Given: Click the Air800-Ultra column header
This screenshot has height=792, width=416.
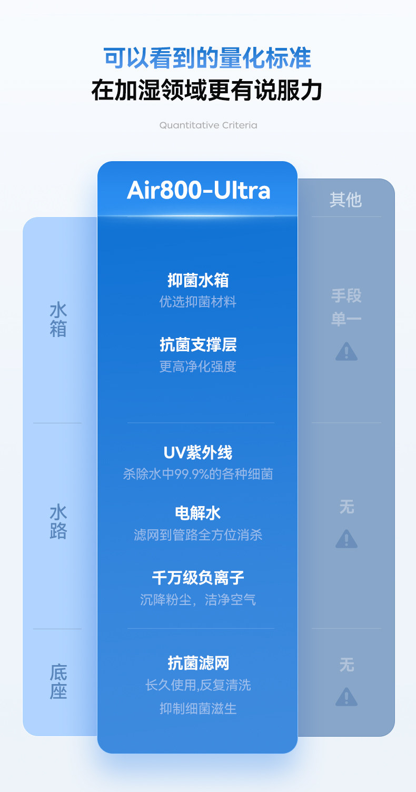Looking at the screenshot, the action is pos(198,190).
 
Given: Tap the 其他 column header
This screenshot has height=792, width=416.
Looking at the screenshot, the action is pos(345,200).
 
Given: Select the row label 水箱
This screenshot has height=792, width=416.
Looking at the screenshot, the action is pos(58,320).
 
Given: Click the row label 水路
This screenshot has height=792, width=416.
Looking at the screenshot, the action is pos(58,522).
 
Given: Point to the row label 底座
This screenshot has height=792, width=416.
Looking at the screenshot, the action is pos(58,681).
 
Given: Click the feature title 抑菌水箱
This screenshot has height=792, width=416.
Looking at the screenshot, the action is pos(198,280).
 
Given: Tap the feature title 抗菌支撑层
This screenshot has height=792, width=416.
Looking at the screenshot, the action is pos(198,345).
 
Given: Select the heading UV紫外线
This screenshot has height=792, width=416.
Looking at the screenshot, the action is pos(198,452).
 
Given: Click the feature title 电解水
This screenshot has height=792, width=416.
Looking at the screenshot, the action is pos(198,513).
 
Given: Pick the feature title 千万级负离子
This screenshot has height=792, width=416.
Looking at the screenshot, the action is pos(198,578).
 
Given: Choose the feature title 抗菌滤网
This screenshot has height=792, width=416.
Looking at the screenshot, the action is pos(198,663).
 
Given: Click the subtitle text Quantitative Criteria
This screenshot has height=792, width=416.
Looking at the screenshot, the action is pos(208,125).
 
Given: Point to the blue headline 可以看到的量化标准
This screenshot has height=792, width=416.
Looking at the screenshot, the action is pos(208,58).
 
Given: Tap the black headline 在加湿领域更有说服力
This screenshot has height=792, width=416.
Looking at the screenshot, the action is pos(208,91).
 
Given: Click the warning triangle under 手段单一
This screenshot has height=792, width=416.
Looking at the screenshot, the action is pos(346,351).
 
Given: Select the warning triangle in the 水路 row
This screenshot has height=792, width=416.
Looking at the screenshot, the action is pos(346,539).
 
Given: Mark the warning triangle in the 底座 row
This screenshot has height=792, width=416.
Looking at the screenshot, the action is pos(346,697).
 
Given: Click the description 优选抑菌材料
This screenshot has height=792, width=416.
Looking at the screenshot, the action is pos(198,302).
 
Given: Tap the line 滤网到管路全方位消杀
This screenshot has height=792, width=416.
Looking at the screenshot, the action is pos(198,535).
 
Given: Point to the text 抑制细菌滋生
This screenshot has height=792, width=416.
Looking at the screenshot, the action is pos(198,708).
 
